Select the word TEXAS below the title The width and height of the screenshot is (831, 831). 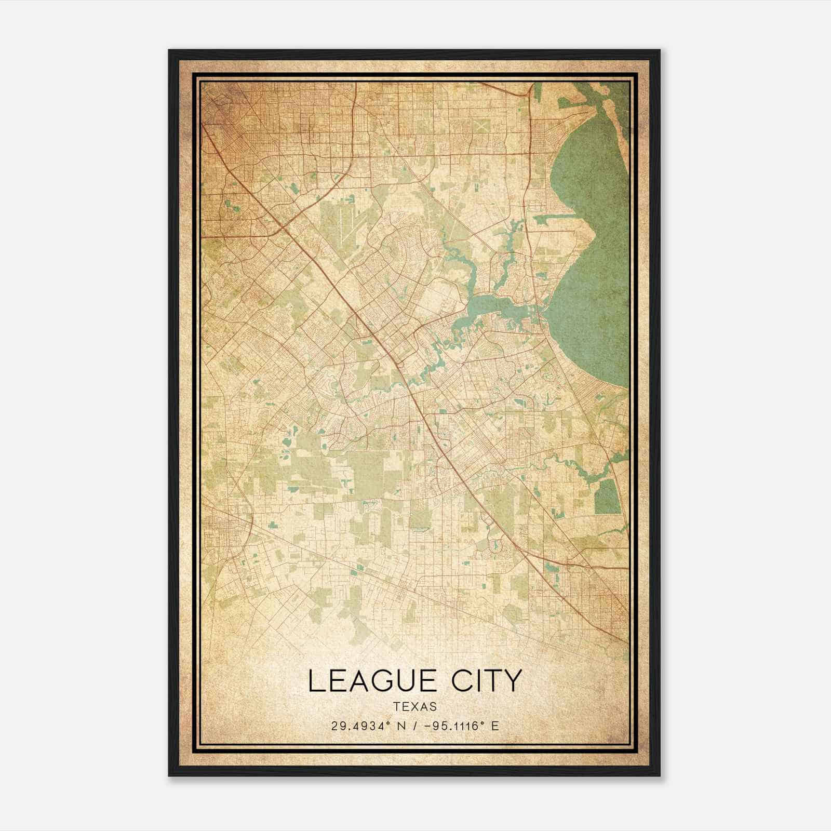(415, 706)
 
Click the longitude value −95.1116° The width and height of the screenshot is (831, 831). (453, 726)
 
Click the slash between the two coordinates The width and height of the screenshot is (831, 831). (415, 726)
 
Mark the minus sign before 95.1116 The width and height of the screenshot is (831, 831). (428, 726)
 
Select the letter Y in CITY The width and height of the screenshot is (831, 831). (512, 681)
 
